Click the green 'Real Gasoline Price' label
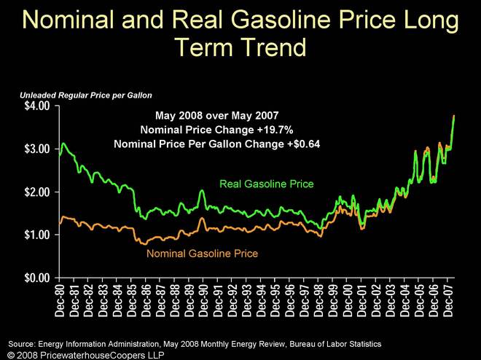tap(267, 184)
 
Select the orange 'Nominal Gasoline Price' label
tap(202, 254)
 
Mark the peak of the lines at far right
tap(454, 116)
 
